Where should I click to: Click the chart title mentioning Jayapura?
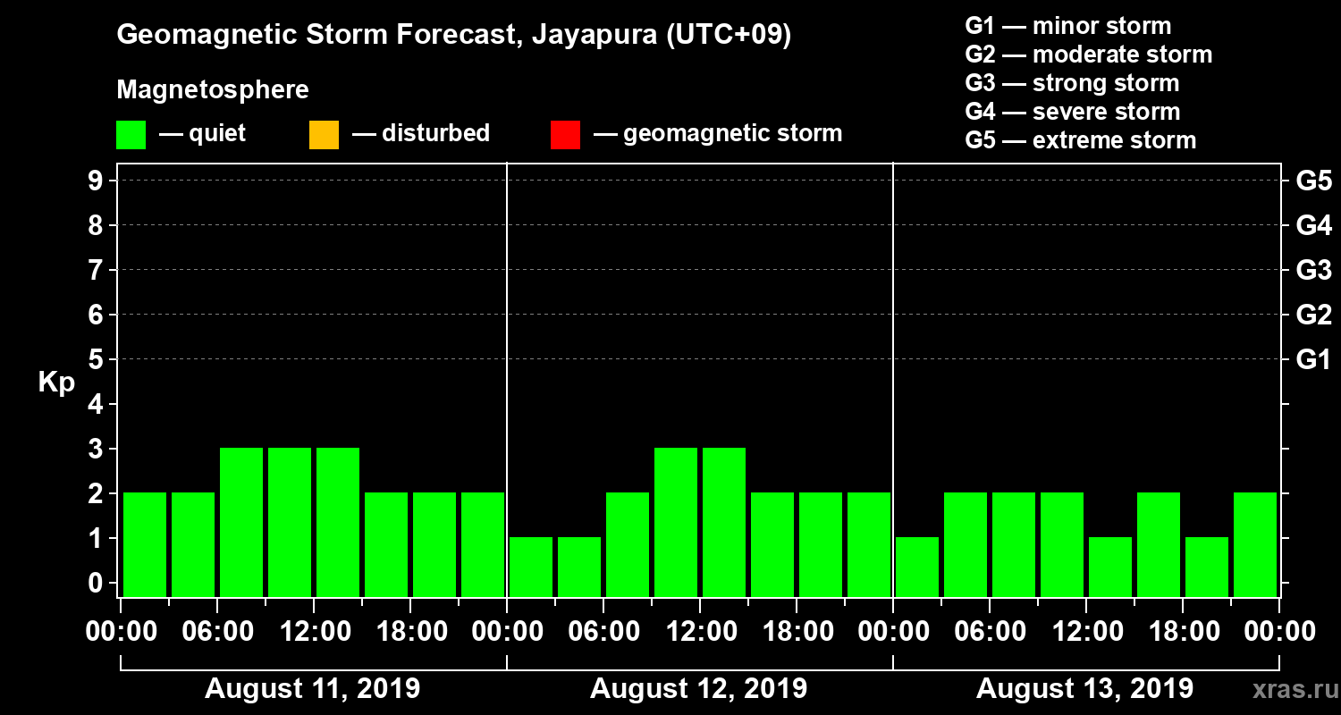click(454, 36)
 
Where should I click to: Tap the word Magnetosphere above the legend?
click(213, 90)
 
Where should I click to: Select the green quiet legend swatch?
click(131, 135)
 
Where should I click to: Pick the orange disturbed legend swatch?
click(324, 135)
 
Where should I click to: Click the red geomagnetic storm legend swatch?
click(565, 135)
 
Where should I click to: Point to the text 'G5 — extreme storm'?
click(1080, 140)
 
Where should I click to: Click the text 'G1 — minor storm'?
click(1067, 26)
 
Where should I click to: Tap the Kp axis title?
click(56, 383)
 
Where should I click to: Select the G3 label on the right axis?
click(1313, 271)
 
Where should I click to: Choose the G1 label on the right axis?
click(1313, 360)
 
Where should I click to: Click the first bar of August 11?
click(145, 543)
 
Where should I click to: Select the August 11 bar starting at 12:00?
click(338, 522)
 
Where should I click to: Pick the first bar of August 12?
click(531, 566)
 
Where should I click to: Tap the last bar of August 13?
click(1255, 543)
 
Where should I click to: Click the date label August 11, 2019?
click(313, 689)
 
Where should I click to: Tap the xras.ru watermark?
click(1288, 689)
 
